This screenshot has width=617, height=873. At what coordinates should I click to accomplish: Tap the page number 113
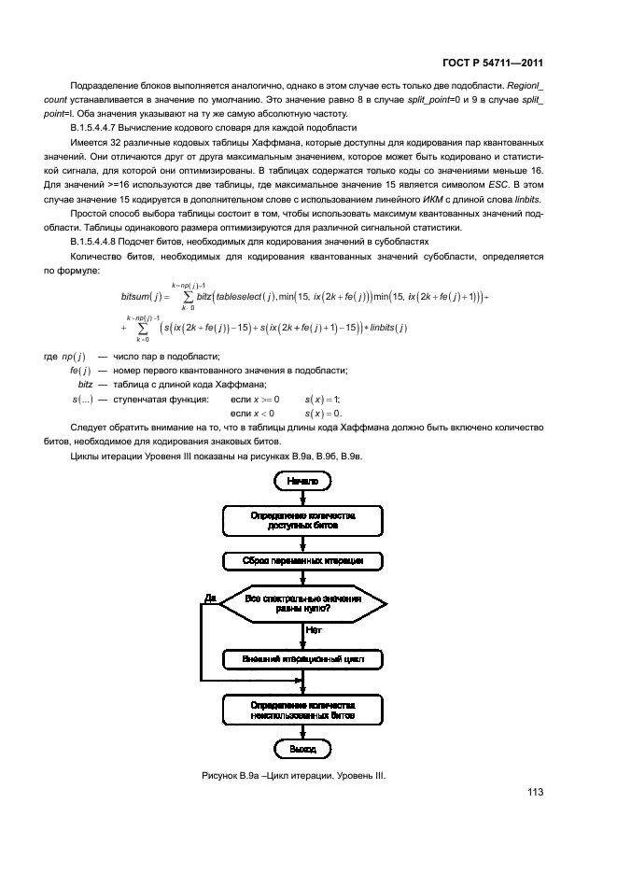534,793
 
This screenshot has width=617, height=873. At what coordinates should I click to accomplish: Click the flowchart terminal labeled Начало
302,481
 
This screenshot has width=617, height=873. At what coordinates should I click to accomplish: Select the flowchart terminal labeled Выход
302,749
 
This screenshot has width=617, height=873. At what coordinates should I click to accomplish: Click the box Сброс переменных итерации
302,561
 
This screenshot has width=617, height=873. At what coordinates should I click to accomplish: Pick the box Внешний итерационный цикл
302,659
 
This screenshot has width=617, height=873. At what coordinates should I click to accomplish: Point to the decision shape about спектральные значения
302,603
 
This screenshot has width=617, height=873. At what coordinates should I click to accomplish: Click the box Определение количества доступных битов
302,520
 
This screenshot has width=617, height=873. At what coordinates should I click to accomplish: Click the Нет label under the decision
313,631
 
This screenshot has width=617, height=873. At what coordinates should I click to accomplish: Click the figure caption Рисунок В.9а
293,776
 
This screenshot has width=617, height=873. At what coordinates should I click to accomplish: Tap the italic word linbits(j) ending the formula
385,328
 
